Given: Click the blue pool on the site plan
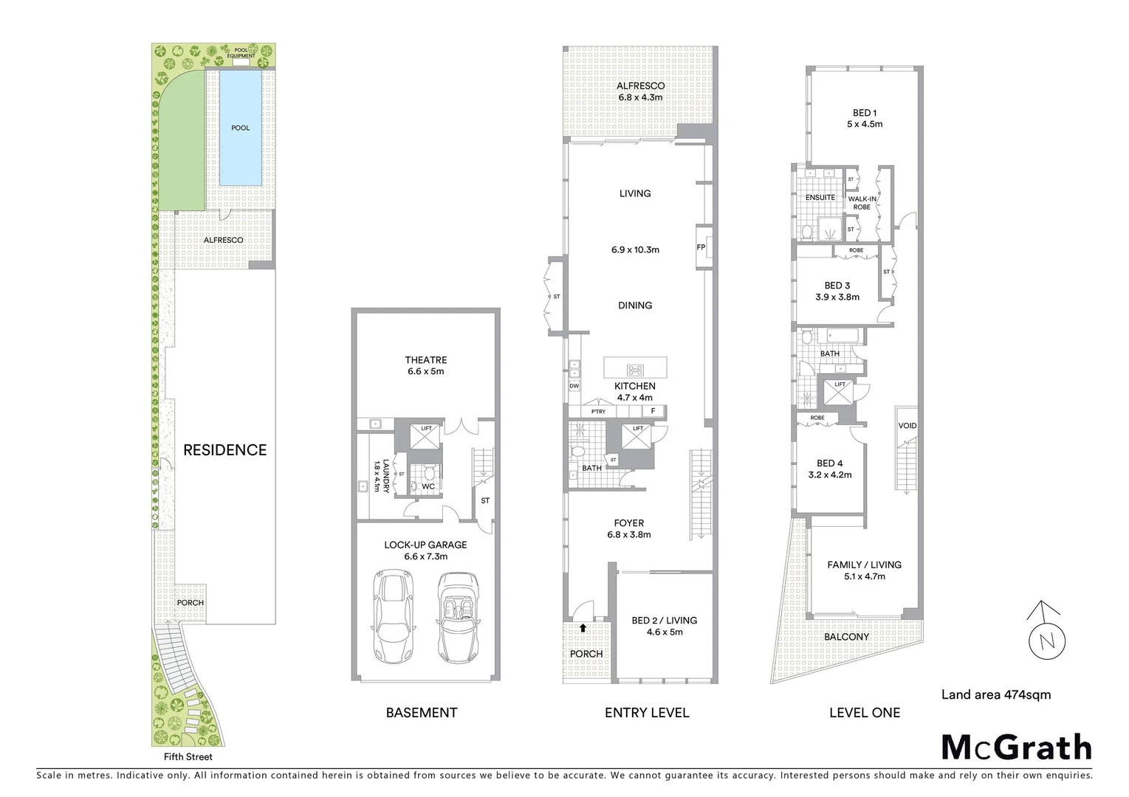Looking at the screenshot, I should click(x=240, y=128).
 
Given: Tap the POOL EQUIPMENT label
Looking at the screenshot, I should click(x=241, y=53).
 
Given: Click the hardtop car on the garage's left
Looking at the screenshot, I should click(x=394, y=617).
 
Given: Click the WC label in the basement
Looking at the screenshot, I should click(x=428, y=486).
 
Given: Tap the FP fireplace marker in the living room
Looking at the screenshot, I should click(x=701, y=247).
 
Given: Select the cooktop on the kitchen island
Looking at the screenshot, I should click(x=635, y=370).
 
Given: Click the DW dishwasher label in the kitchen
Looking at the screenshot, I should click(x=574, y=386).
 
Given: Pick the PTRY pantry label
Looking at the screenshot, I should click(x=598, y=411).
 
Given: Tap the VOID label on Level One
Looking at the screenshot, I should click(x=907, y=426).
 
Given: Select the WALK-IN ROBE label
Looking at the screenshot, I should click(x=862, y=203).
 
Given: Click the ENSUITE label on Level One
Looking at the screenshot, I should click(x=820, y=198).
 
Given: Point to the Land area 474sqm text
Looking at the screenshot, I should click(x=995, y=694).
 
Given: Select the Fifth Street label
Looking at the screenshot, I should click(x=188, y=756).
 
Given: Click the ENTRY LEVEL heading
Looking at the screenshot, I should click(x=646, y=713).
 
